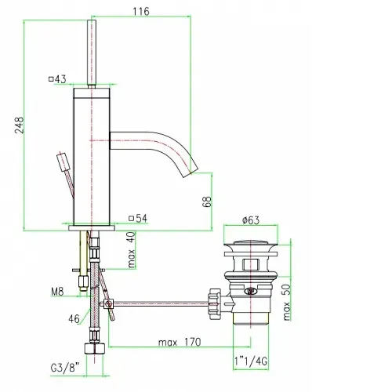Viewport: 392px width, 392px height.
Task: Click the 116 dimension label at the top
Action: click(141, 12)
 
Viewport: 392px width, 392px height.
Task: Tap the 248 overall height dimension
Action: click(19, 125)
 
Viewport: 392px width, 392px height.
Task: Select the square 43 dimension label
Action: click(57, 79)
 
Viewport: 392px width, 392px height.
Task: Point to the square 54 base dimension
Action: click(138, 218)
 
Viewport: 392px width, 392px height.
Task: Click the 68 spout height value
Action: click(207, 201)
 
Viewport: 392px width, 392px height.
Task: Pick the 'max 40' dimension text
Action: click(132, 250)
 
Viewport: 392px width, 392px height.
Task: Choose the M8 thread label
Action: click(57, 292)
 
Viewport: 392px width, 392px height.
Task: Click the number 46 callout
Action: click(74, 319)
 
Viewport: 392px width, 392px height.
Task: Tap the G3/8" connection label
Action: click(64, 368)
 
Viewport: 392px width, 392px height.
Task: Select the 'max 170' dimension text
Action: click(180, 342)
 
